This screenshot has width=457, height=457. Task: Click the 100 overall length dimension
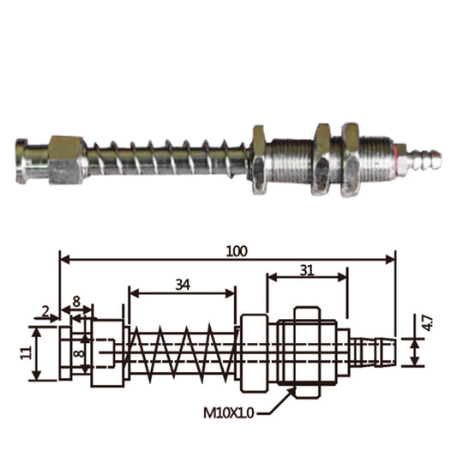[x=237, y=251]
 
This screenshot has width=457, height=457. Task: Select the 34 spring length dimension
[x=183, y=285]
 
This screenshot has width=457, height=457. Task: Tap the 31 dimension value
[x=307, y=271]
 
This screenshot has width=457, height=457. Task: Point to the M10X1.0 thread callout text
[x=228, y=413]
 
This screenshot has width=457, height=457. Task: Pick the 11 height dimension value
[x=27, y=353]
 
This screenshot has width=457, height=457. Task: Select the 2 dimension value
[x=45, y=312]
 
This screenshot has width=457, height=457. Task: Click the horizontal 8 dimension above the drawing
[x=76, y=302]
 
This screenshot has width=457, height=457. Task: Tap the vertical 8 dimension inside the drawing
[x=79, y=353]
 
